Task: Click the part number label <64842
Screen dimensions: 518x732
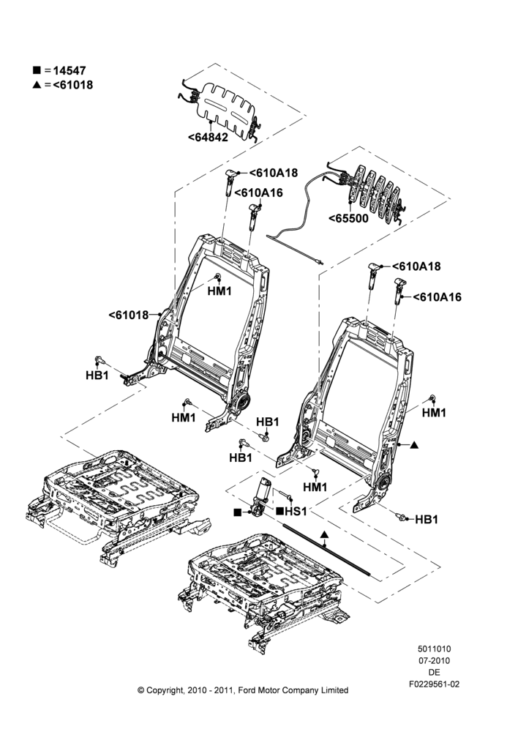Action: [208, 138]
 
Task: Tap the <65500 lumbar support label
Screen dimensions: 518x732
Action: [348, 218]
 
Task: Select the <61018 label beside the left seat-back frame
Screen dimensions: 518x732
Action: [128, 315]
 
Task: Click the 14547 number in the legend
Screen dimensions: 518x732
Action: [70, 70]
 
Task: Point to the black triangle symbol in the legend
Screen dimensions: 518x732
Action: [37, 84]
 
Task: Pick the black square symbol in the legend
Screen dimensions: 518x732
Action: [37, 70]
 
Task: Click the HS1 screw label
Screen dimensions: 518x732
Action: [296, 511]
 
